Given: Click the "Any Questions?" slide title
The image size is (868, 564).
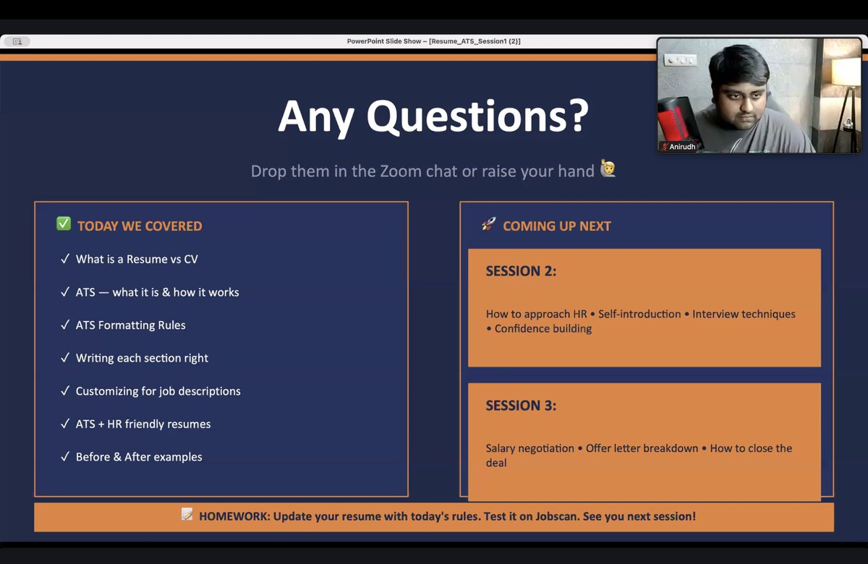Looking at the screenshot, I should coord(433,116).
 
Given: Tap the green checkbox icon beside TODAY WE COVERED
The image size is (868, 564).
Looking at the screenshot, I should coord(64,224).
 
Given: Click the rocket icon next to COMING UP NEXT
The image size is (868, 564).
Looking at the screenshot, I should coord(489,225).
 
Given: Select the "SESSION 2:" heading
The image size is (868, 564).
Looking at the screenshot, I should coord(521,271).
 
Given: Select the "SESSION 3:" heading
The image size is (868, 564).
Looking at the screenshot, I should coord(521,406).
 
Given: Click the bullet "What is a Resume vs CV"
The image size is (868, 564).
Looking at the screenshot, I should coord(137,259).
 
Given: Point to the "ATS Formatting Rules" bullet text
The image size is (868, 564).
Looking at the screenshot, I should coord(131,325).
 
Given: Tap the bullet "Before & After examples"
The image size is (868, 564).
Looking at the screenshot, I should coord(139,457).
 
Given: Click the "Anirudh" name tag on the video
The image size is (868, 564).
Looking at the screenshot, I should coord(681,147).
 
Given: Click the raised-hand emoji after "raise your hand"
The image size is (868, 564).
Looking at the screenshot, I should coord(608,171).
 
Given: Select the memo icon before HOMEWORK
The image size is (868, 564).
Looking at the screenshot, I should coord(187,515).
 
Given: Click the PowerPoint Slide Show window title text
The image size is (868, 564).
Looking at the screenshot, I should coord(433,41).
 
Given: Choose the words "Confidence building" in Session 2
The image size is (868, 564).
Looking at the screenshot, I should coord(543,329).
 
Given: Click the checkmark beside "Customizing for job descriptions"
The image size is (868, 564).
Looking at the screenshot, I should coord(65,391).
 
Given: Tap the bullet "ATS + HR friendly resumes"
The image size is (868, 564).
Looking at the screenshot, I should coord(143,424).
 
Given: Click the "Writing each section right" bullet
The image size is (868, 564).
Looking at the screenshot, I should coord(142,358).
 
